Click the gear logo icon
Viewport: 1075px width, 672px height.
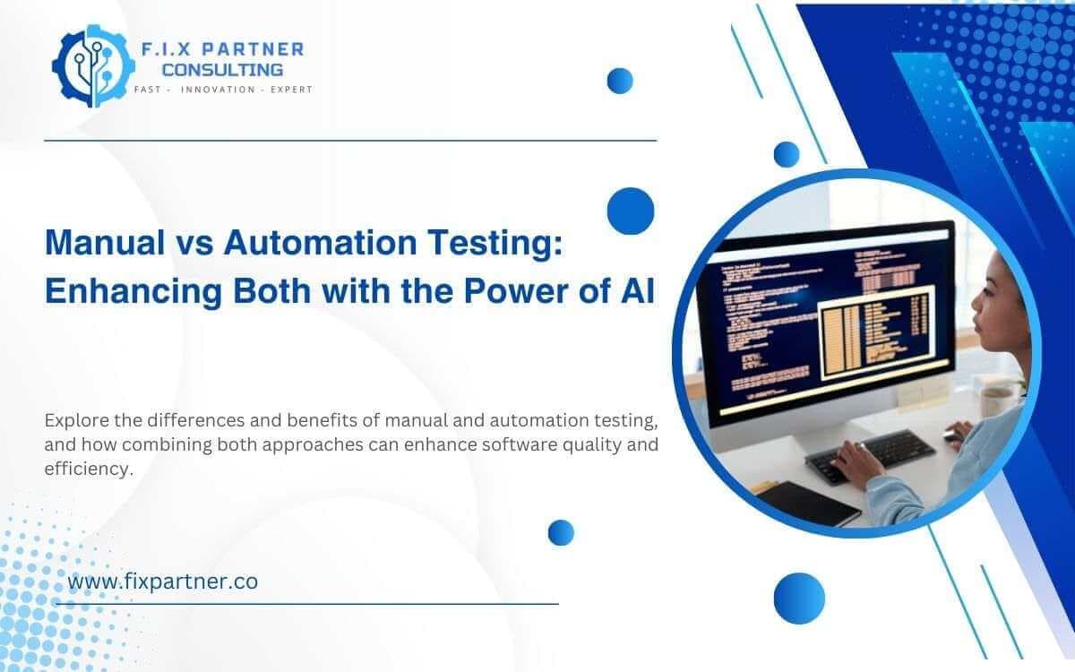(x=88, y=64)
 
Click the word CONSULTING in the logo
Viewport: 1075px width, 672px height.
(x=222, y=69)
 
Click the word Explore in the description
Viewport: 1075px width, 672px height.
(x=74, y=420)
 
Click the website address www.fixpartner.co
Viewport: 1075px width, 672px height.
(x=162, y=581)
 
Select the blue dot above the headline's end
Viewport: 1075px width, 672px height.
(x=631, y=211)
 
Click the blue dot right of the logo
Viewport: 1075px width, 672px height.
(x=620, y=81)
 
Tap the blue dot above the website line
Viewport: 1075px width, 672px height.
(x=561, y=532)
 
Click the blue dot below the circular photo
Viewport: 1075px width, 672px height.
(x=798, y=598)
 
